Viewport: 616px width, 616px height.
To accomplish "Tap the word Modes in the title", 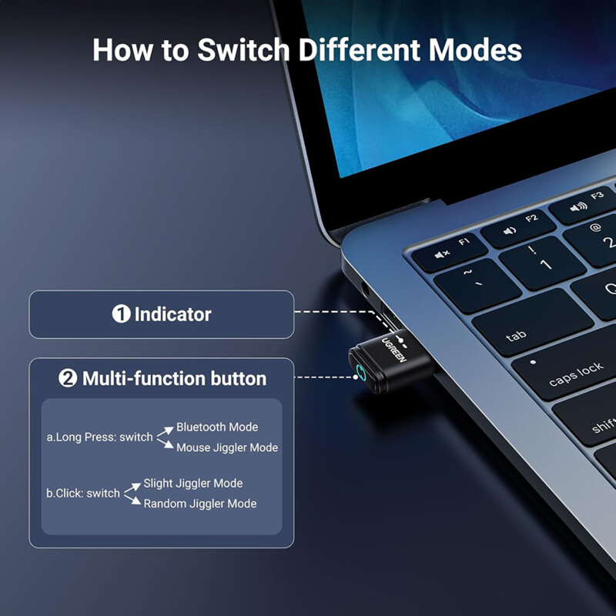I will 475,51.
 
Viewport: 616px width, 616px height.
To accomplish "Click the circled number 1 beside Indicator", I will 121,314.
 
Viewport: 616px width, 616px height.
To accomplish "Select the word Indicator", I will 172,314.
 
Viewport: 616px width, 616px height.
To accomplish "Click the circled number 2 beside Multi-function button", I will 69,379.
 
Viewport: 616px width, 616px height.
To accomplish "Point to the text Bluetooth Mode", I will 217,427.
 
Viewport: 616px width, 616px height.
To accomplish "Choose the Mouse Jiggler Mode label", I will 227,447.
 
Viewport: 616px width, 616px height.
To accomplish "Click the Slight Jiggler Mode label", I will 193,484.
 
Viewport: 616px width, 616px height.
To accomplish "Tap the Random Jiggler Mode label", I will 200,504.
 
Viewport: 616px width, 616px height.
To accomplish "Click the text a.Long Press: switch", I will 100,437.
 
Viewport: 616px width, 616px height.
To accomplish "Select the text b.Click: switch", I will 83,494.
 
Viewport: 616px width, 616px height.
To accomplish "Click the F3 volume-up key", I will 586,203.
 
